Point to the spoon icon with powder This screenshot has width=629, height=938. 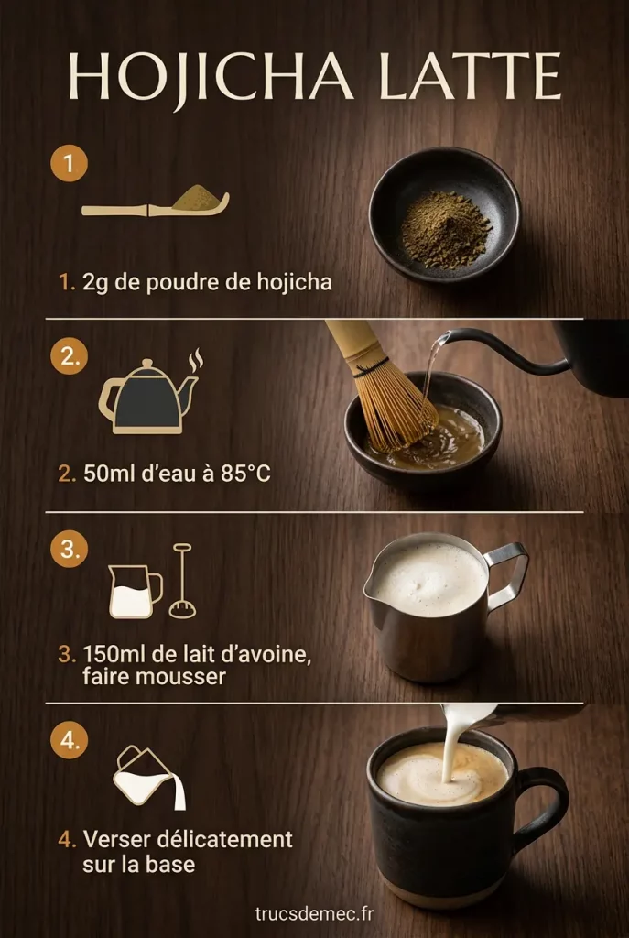pos(156,202)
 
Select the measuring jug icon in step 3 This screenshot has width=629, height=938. pos(133,591)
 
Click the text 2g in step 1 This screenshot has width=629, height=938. pos(94,282)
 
